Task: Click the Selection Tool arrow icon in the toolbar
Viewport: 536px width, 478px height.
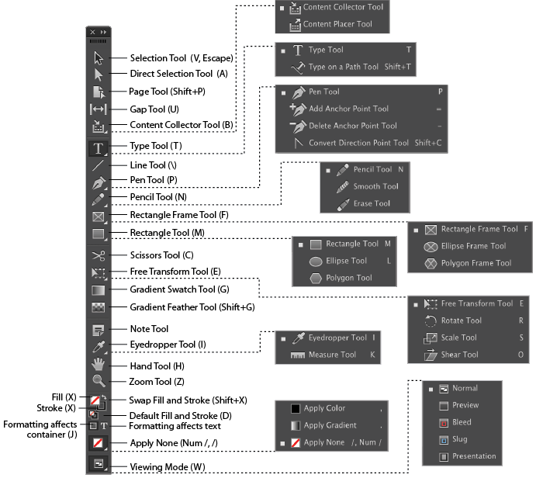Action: pos(99,57)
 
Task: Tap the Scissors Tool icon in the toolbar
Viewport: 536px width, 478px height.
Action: pos(99,255)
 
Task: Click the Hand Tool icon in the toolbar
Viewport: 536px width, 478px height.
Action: pos(99,364)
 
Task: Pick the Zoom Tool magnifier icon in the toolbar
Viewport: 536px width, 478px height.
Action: pos(99,381)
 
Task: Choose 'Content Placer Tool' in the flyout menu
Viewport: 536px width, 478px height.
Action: pos(337,24)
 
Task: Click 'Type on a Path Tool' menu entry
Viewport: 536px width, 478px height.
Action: pos(343,68)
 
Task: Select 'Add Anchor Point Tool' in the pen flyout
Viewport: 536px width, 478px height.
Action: pos(348,109)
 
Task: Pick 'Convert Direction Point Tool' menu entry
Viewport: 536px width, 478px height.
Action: pos(358,143)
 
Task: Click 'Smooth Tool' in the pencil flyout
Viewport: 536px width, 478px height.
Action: pos(375,186)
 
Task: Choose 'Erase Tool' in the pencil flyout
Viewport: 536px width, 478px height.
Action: pos(372,203)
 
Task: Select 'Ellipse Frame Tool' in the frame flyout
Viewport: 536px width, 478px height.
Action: pos(473,246)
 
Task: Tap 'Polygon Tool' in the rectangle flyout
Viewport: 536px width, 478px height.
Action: pos(348,278)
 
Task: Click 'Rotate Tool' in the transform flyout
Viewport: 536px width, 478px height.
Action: pos(462,320)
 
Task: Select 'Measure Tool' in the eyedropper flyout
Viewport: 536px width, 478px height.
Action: pos(332,355)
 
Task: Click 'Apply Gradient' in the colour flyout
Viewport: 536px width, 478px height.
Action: pos(330,425)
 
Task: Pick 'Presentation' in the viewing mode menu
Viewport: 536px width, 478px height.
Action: pos(474,456)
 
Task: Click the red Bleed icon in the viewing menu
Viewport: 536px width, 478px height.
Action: pos(444,422)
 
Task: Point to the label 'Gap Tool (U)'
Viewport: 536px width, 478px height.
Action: pos(154,109)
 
